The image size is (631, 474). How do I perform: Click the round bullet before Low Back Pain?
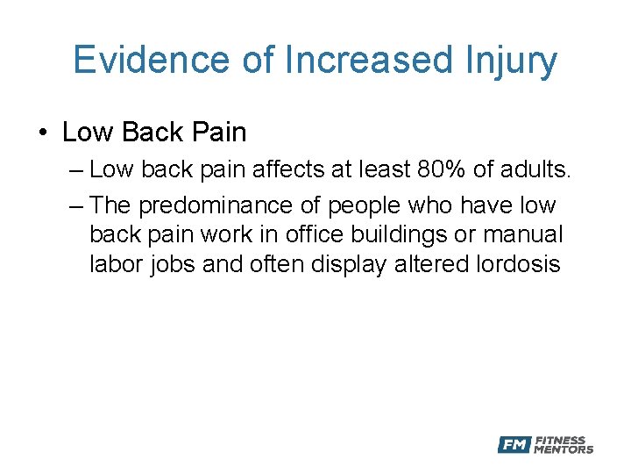tap(43, 133)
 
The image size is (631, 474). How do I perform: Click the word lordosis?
tap(517, 263)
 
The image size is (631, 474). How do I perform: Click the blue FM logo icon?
tap(514, 445)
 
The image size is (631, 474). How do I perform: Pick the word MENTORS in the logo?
tap(564, 449)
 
